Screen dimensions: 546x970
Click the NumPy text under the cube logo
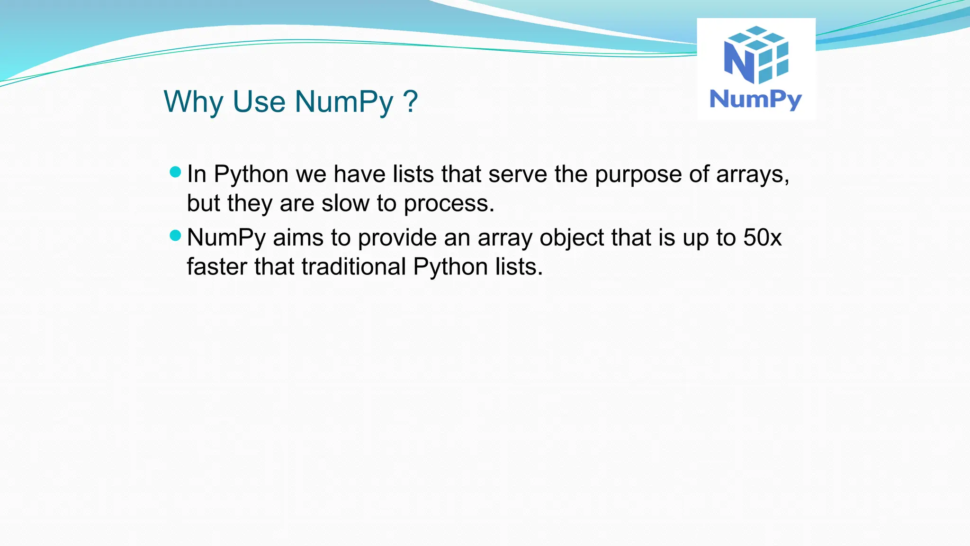[x=755, y=100]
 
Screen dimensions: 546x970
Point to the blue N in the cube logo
[x=739, y=62]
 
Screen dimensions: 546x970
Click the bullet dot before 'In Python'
[x=175, y=172]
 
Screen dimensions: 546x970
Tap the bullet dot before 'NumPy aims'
[x=175, y=236]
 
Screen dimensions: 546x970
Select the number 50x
[x=762, y=237]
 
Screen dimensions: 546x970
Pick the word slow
[x=345, y=203]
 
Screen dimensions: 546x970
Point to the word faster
[x=217, y=266]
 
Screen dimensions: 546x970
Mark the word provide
[x=397, y=238]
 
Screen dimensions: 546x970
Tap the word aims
[x=298, y=237]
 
